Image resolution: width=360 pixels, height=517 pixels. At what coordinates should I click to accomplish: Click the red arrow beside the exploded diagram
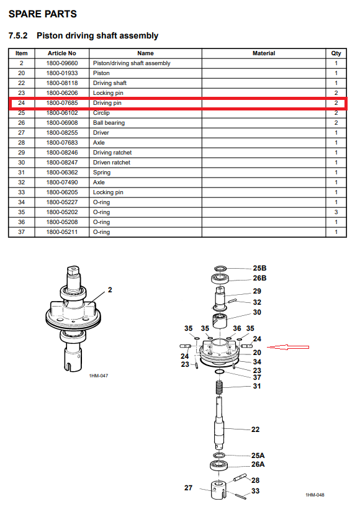[288, 347]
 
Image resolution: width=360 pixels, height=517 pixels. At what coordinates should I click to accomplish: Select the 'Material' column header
[263, 53]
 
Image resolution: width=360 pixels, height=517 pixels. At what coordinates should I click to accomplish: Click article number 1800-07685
[62, 103]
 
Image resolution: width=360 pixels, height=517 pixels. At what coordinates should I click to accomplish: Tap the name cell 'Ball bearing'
[109, 123]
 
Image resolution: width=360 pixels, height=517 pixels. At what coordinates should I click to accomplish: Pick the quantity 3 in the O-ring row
[336, 212]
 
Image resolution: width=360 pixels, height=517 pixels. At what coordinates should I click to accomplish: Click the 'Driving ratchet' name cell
[112, 152]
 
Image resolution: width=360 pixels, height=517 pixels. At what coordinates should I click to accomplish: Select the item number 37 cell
[22, 232]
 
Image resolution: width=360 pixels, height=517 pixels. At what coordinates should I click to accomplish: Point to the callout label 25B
[260, 268]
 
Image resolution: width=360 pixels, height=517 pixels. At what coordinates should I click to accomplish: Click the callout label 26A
[258, 464]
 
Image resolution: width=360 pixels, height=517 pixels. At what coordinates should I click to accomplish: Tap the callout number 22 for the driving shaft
[256, 429]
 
